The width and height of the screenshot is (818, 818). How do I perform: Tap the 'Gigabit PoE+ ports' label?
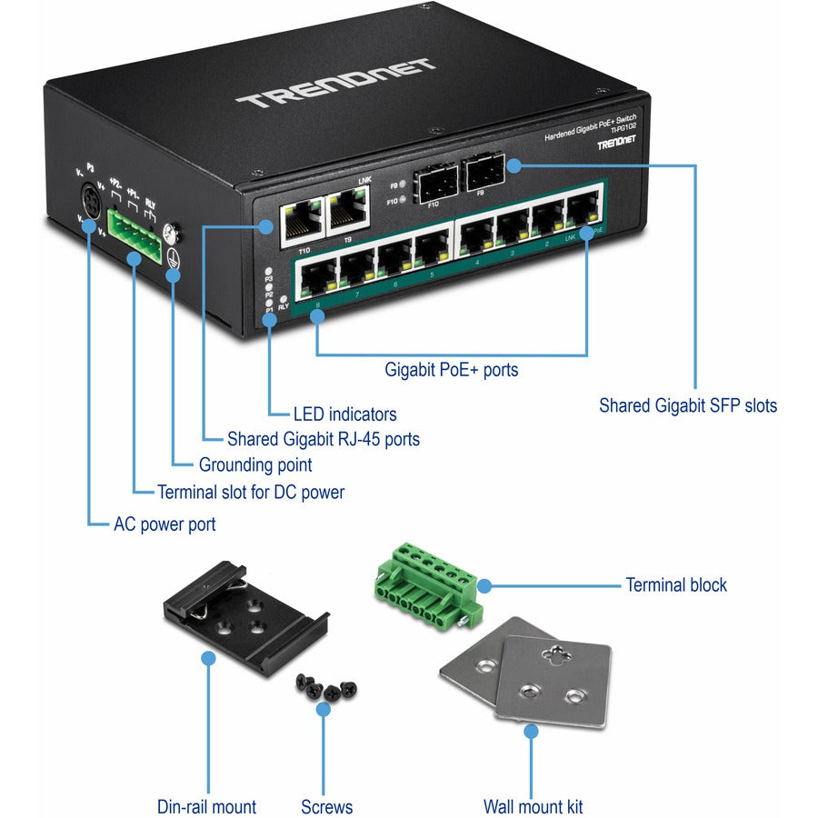(x=452, y=370)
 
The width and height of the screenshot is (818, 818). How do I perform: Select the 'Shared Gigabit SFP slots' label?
(x=688, y=405)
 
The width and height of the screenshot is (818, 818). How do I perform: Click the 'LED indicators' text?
(x=344, y=414)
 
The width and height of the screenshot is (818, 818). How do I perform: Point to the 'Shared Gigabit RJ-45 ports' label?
(x=324, y=440)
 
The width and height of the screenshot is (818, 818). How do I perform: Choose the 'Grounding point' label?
(x=255, y=465)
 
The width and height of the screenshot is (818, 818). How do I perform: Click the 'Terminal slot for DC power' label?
(x=251, y=493)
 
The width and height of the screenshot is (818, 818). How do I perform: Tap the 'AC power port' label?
(x=165, y=524)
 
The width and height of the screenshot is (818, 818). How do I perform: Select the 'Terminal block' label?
(x=676, y=585)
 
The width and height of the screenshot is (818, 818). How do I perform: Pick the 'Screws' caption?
(x=326, y=806)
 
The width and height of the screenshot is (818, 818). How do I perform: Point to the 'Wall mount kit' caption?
(x=534, y=806)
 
